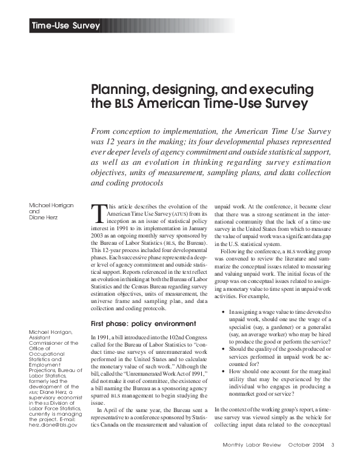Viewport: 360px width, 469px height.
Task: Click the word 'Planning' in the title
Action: click(116, 90)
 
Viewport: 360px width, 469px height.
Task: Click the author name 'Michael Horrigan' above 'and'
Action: click(51, 206)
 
